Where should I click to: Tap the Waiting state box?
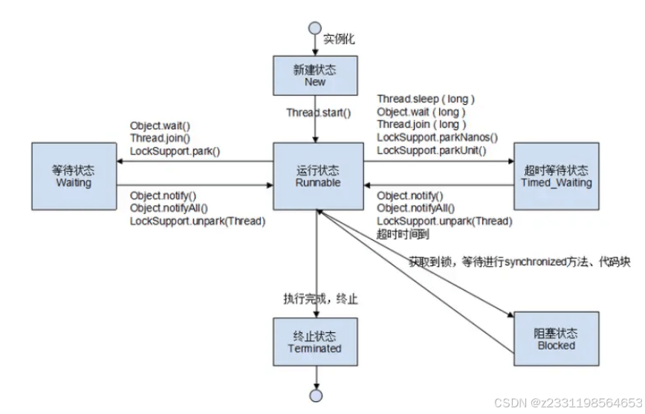coord(73,177)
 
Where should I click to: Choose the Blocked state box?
coord(555,339)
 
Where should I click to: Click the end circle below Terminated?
coord(317,395)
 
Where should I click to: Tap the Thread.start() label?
coord(318,113)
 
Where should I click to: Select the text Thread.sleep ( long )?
coord(425,99)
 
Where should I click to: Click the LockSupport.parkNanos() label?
coord(437,138)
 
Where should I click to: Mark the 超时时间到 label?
coord(402,234)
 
